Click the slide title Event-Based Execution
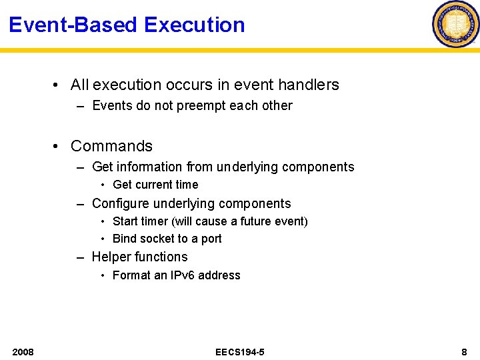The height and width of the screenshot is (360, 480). [127, 25]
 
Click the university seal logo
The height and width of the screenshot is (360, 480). [456, 24]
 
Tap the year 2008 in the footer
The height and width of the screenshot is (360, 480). [23, 351]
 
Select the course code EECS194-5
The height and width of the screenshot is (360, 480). [240, 351]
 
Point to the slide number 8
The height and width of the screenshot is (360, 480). [464, 351]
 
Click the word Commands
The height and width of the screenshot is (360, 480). [111, 146]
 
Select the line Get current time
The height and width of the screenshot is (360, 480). [155, 185]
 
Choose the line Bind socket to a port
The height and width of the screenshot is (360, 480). [167, 239]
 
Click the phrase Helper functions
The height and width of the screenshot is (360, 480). [139, 257]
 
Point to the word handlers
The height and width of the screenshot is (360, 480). [309, 85]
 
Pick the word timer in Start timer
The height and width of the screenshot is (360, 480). [154, 221]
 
